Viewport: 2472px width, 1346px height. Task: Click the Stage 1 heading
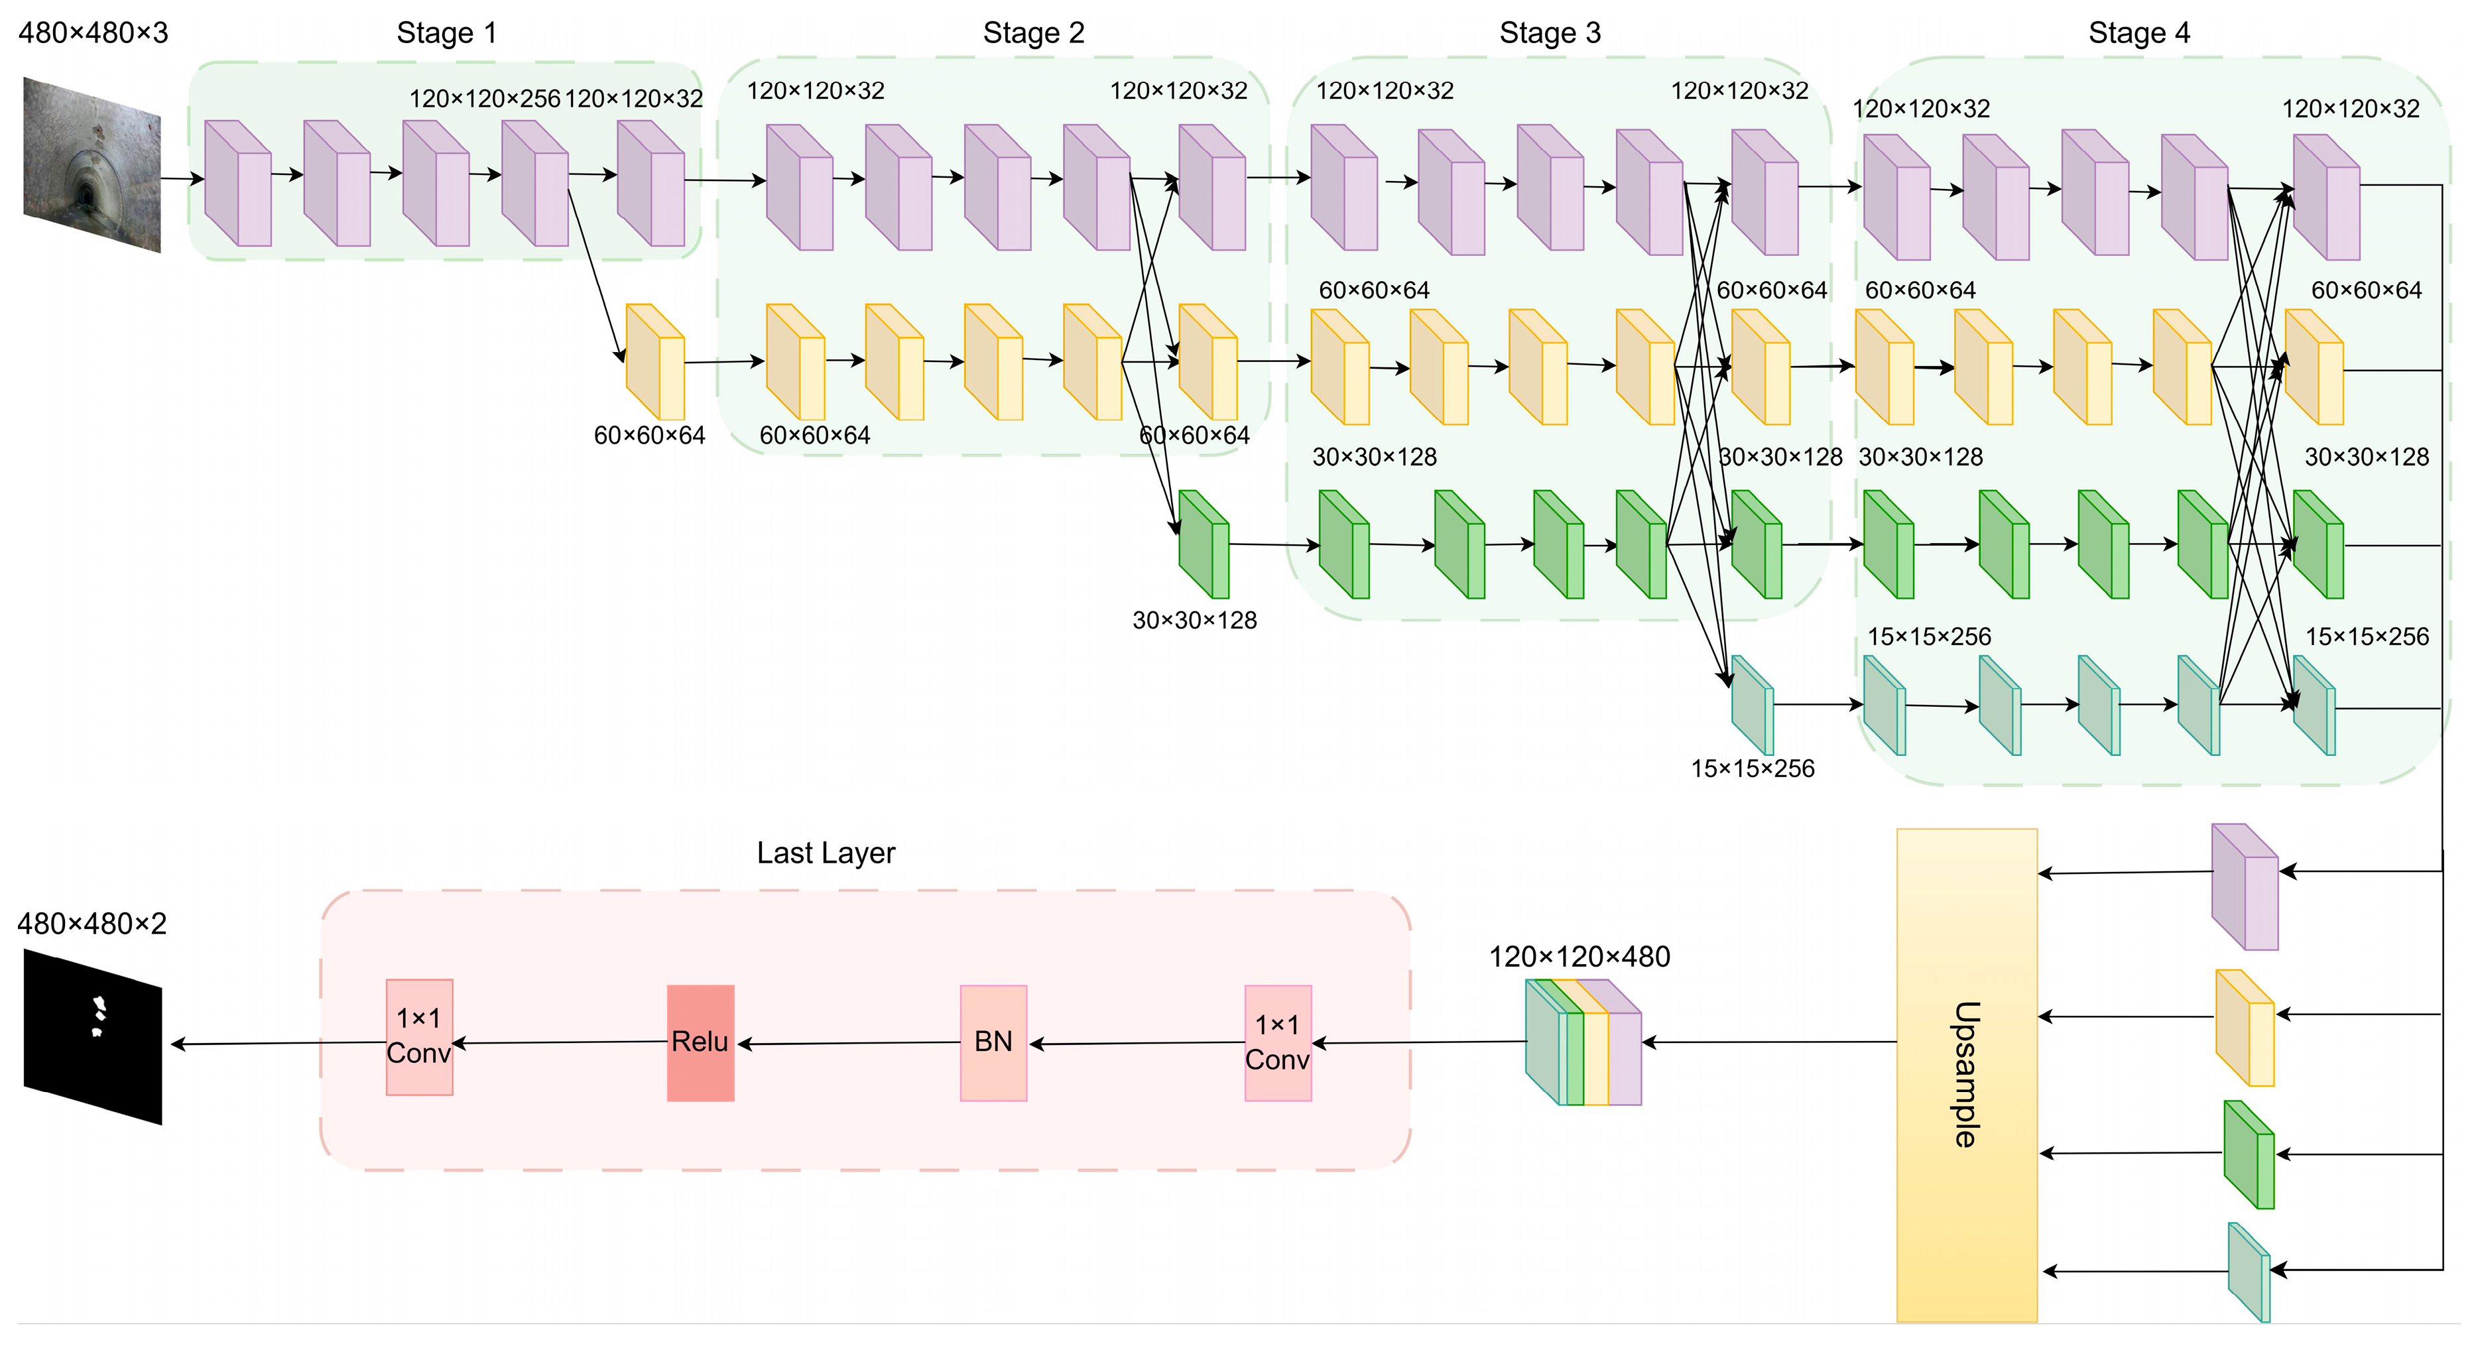click(x=447, y=34)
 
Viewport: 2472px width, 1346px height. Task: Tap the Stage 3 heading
click(x=1550, y=34)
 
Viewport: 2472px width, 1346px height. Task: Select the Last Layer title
click(x=826, y=853)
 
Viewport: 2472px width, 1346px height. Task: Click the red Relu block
click(x=700, y=1043)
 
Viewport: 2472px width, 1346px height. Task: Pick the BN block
click(x=993, y=1043)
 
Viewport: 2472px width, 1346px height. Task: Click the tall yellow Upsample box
click(x=1966, y=1075)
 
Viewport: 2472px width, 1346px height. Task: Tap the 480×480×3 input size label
click(x=93, y=34)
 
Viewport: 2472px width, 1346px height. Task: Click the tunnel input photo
click(x=92, y=165)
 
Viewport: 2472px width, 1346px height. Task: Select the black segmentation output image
click(x=92, y=1036)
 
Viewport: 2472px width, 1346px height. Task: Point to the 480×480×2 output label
click(x=92, y=924)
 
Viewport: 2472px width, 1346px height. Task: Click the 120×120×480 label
click(x=1579, y=957)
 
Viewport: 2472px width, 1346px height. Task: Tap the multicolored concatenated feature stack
click(x=1583, y=1043)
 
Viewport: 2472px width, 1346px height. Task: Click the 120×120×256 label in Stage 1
click(x=485, y=99)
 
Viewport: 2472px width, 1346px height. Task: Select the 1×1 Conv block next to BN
click(x=1277, y=1043)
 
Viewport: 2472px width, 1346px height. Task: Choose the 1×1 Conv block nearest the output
click(x=419, y=1037)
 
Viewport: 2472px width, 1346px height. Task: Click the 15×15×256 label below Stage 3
click(x=1753, y=768)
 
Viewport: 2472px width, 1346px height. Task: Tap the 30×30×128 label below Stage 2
click(x=1194, y=621)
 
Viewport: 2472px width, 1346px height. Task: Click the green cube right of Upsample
click(x=2249, y=1155)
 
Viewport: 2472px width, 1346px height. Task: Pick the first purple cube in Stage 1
click(x=238, y=183)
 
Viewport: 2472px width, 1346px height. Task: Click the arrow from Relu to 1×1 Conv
click(x=562, y=1043)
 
